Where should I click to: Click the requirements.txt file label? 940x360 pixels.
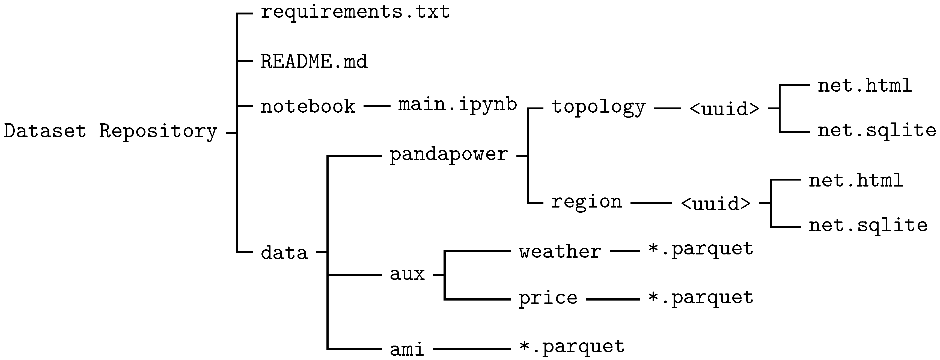pos(355,12)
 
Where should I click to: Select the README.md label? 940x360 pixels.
pos(314,61)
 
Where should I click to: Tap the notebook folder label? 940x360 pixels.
pos(308,107)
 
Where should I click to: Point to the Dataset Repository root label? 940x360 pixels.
pos(111,131)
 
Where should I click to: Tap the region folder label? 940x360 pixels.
pos(586,202)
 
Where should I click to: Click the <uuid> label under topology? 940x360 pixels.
pos(724,109)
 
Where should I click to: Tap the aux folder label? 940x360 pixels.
pos(407,274)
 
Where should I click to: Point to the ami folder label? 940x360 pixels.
pos(407,349)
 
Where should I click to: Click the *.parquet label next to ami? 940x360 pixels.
pos(572,347)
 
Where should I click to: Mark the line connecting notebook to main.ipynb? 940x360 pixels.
pos(377,106)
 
